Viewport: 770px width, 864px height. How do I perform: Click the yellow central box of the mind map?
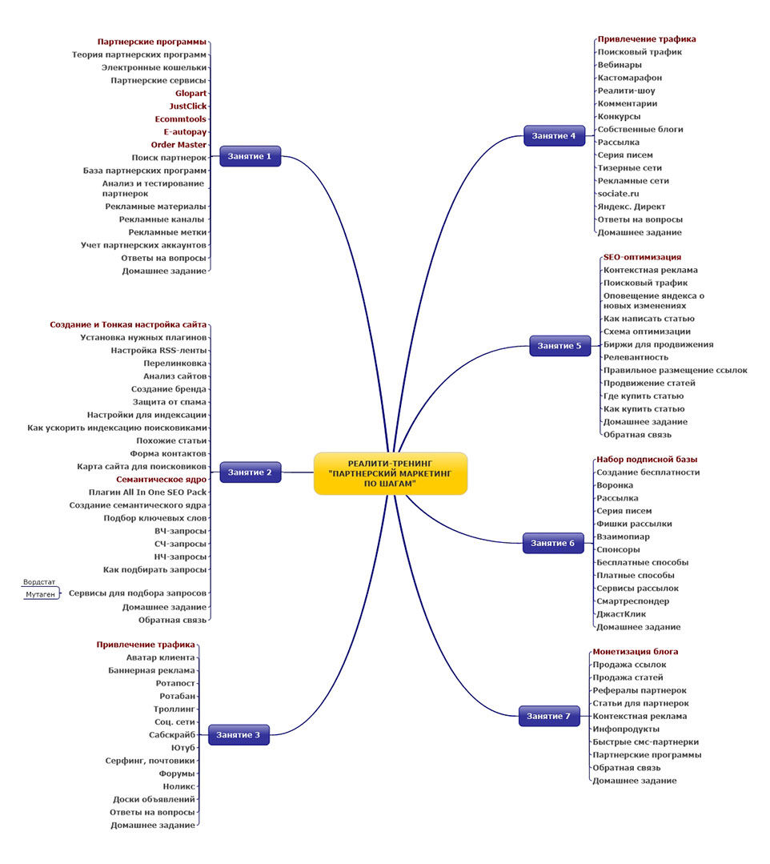click(x=390, y=473)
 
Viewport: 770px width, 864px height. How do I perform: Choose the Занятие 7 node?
click(x=548, y=716)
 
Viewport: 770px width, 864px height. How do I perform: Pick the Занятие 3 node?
click(x=239, y=734)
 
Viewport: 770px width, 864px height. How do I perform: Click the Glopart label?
click(x=190, y=93)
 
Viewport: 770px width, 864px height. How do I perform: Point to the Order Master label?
click(x=178, y=145)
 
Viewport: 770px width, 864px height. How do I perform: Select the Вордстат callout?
click(x=40, y=583)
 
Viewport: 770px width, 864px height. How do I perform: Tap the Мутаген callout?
click(x=41, y=595)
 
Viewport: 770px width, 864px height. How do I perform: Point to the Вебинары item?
click(x=619, y=65)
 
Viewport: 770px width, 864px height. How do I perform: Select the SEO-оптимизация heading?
click(x=642, y=257)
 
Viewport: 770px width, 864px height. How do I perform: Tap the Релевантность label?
click(x=636, y=357)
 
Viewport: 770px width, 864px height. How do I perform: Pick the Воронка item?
click(x=615, y=485)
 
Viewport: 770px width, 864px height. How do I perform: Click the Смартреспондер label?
click(x=632, y=601)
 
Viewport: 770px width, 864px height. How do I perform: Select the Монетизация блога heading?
click(x=635, y=652)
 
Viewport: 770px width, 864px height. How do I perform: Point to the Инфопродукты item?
click(x=625, y=729)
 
